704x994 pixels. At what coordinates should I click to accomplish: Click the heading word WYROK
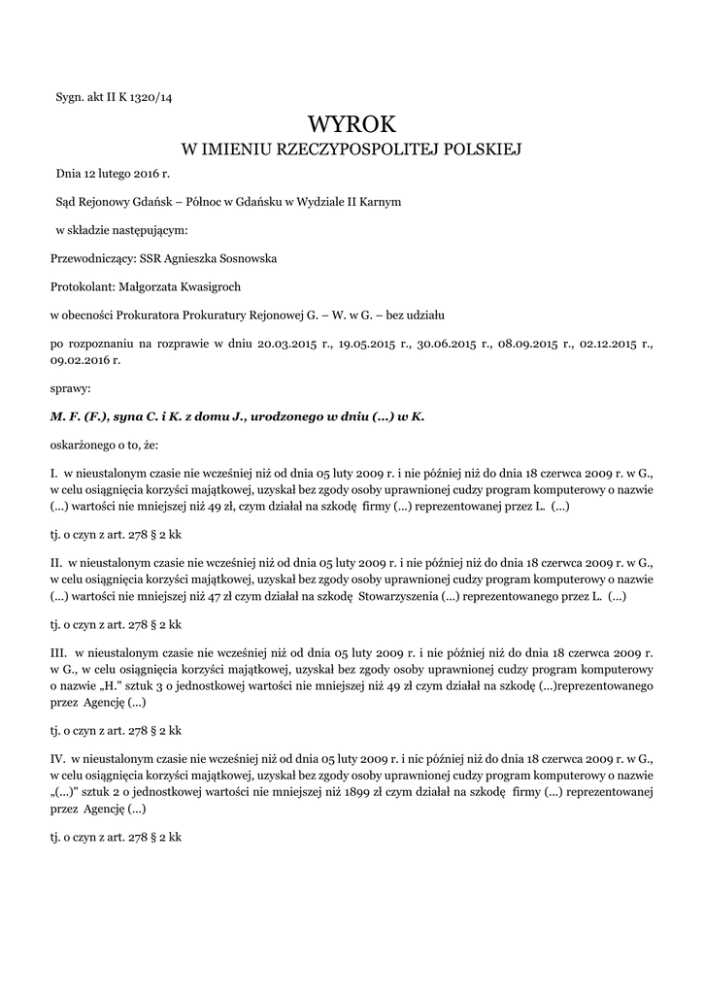point(352,124)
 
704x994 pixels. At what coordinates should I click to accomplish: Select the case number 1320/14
point(149,96)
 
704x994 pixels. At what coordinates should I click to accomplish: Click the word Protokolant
point(82,286)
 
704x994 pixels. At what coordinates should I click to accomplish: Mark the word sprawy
point(70,387)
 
